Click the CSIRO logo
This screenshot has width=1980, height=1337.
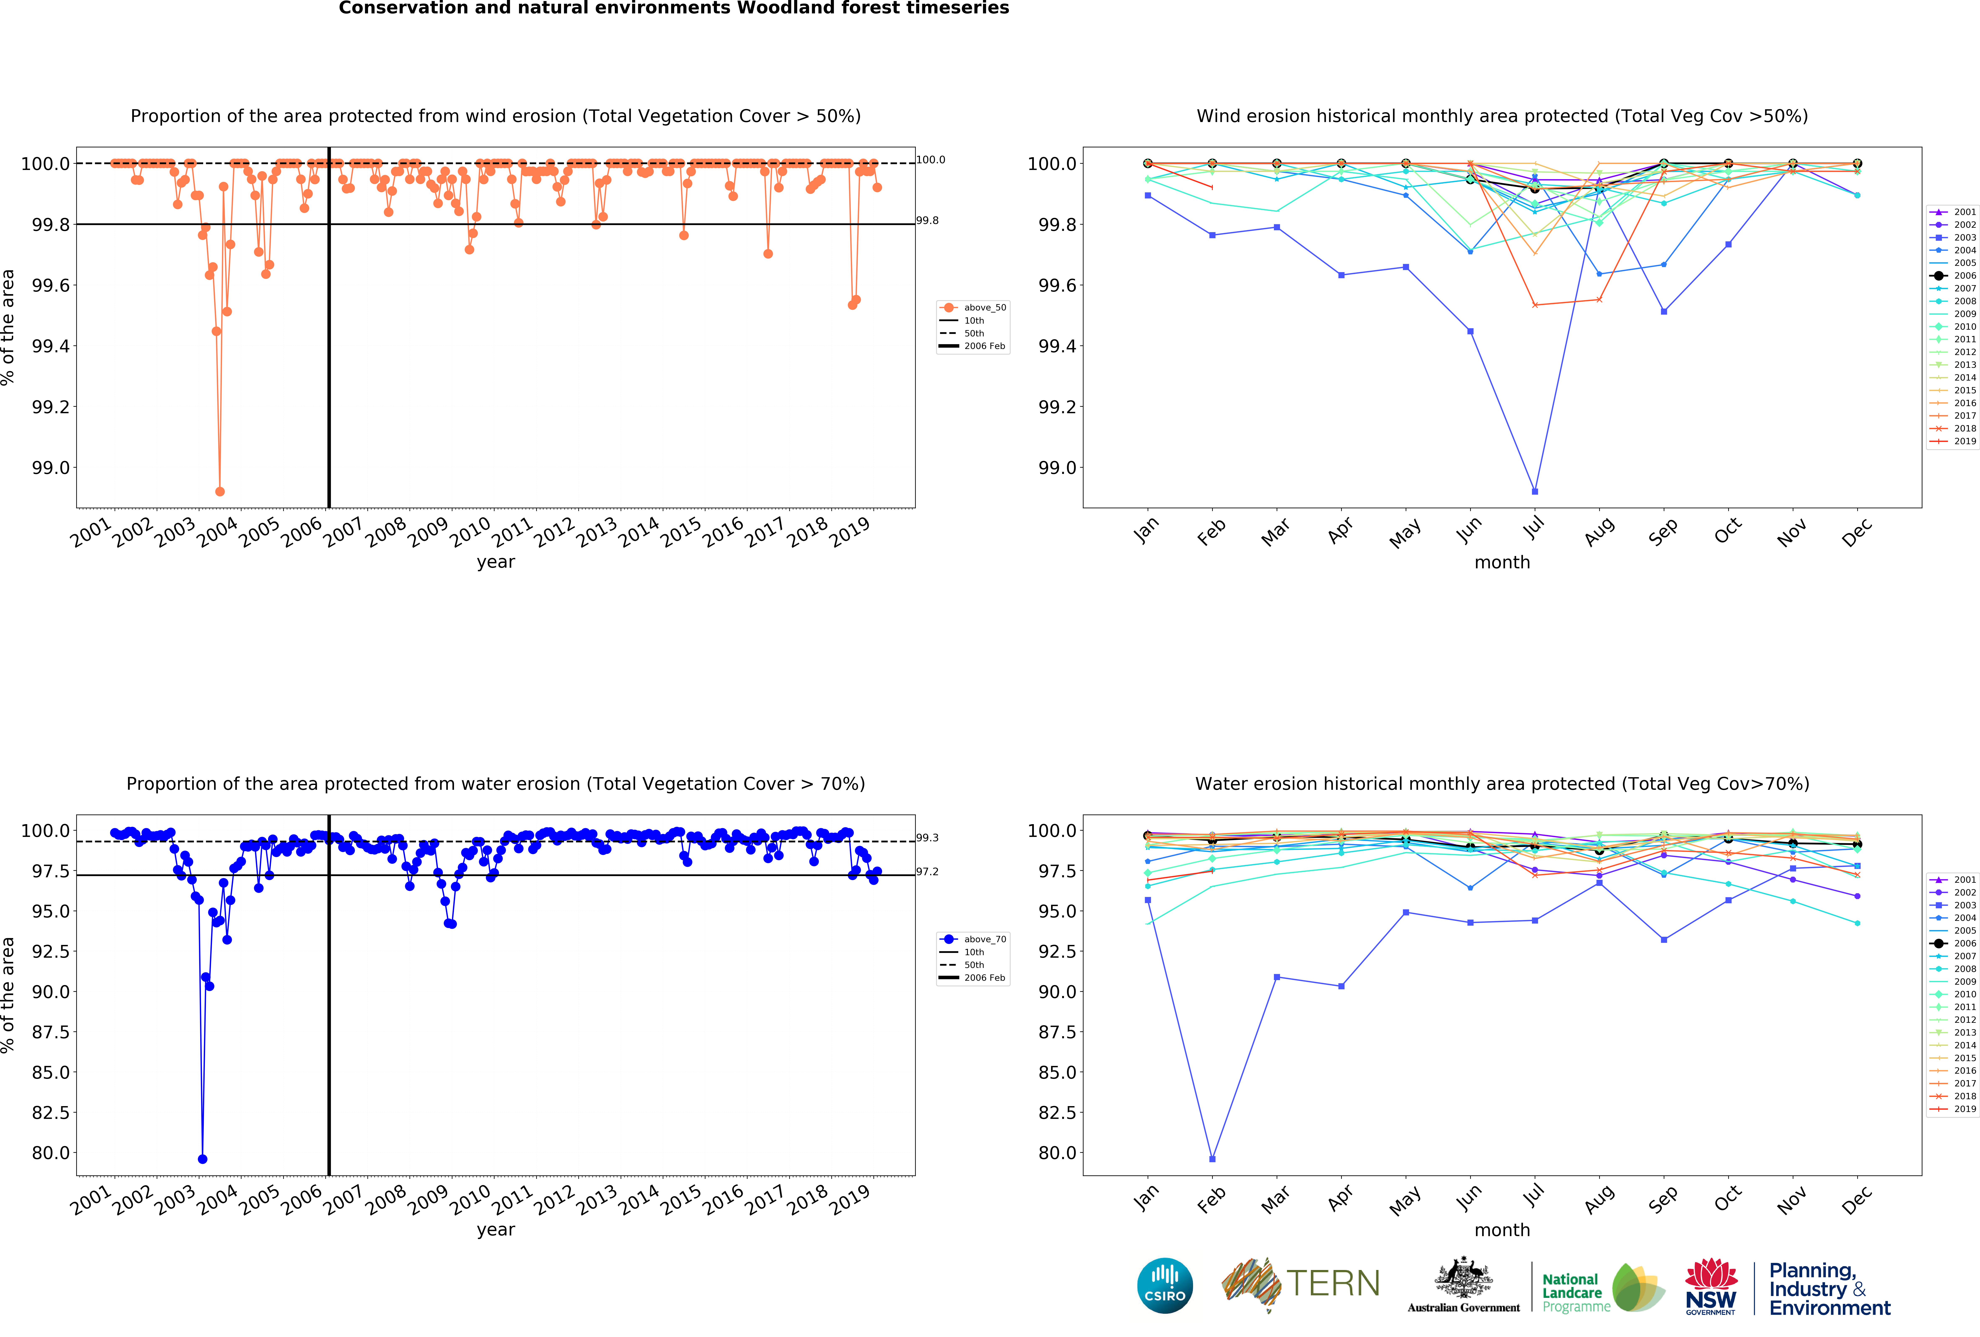coord(1165,1285)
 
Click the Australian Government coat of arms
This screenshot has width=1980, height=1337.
coord(1463,1277)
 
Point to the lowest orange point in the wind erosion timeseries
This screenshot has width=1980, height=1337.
coord(220,491)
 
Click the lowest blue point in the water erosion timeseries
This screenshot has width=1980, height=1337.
coord(202,1159)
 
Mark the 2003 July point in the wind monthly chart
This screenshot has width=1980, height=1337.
coord(1534,491)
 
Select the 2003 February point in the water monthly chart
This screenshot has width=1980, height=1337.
coord(1212,1159)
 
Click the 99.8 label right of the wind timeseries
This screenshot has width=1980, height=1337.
coord(927,221)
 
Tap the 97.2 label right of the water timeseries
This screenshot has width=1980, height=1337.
coord(927,871)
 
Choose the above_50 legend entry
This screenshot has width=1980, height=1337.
coord(984,308)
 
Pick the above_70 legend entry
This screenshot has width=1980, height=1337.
coord(984,939)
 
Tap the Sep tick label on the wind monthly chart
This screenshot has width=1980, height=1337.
coord(1662,531)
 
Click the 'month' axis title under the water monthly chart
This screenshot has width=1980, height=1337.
coord(1502,1230)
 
